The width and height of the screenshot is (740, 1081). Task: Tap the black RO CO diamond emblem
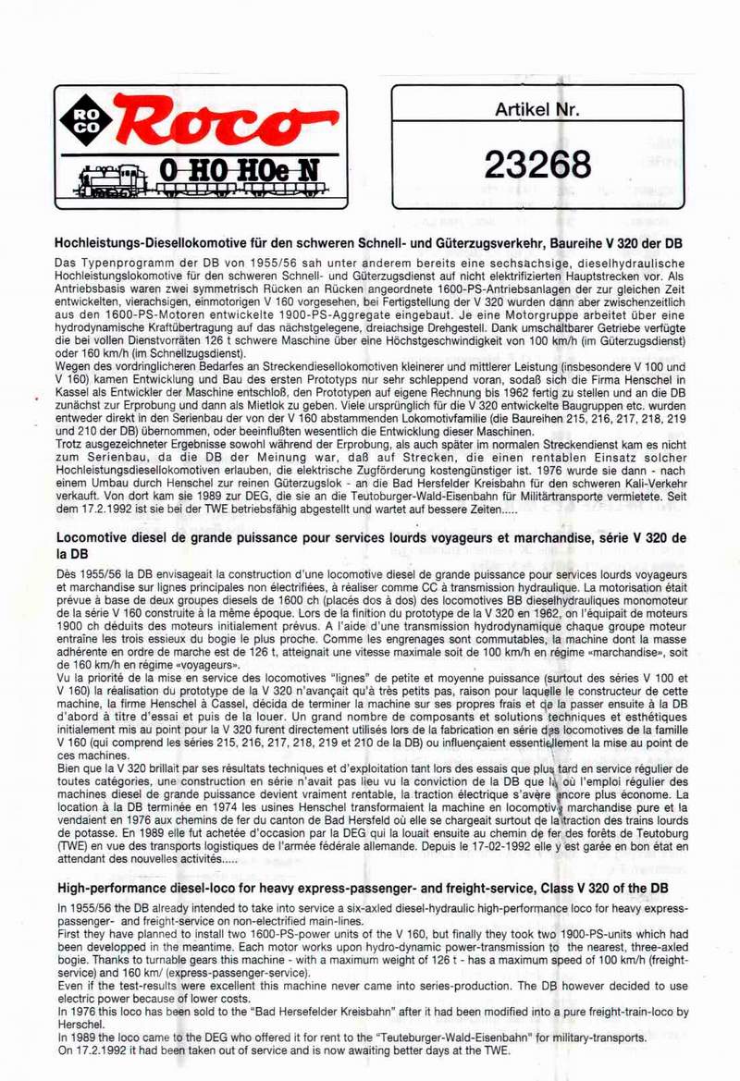click(86, 121)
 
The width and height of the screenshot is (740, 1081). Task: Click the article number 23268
click(536, 164)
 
